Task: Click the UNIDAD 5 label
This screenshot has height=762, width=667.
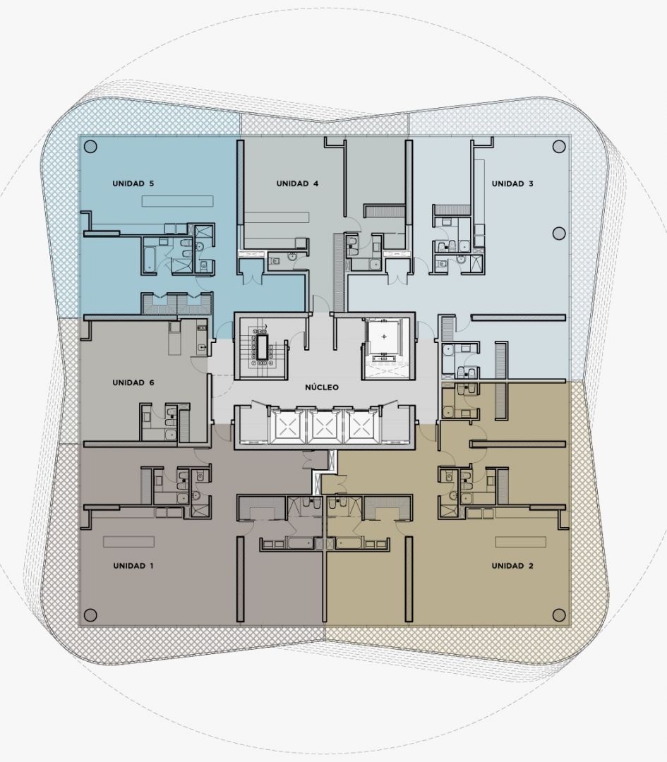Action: pyautogui.click(x=133, y=183)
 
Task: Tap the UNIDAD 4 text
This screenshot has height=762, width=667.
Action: pyautogui.click(x=297, y=183)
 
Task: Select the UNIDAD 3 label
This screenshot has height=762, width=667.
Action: pyautogui.click(x=512, y=183)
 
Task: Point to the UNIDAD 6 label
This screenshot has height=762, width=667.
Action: pyautogui.click(x=133, y=382)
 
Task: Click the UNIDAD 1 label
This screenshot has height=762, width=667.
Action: pyautogui.click(x=133, y=566)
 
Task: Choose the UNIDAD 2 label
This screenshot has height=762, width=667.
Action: pyautogui.click(x=512, y=566)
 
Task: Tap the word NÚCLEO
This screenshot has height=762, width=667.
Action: pyautogui.click(x=322, y=387)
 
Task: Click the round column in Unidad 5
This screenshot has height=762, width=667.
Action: pyautogui.click(x=90, y=146)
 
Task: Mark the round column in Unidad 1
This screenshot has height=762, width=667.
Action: pyautogui.click(x=90, y=615)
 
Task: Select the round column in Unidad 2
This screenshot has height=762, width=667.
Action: pyautogui.click(x=559, y=615)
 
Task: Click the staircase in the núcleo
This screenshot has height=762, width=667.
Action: pyautogui.click(x=262, y=346)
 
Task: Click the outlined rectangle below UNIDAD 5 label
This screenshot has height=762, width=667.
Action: pyautogui.click(x=177, y=201)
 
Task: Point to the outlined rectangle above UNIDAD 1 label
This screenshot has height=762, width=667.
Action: pyautogui.click(x=129, y=541)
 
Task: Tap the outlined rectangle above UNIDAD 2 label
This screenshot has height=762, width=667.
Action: pyautogui.click(x=521, y=541)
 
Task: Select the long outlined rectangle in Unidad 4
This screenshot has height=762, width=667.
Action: pyautogui.click(x=277, y=217)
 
